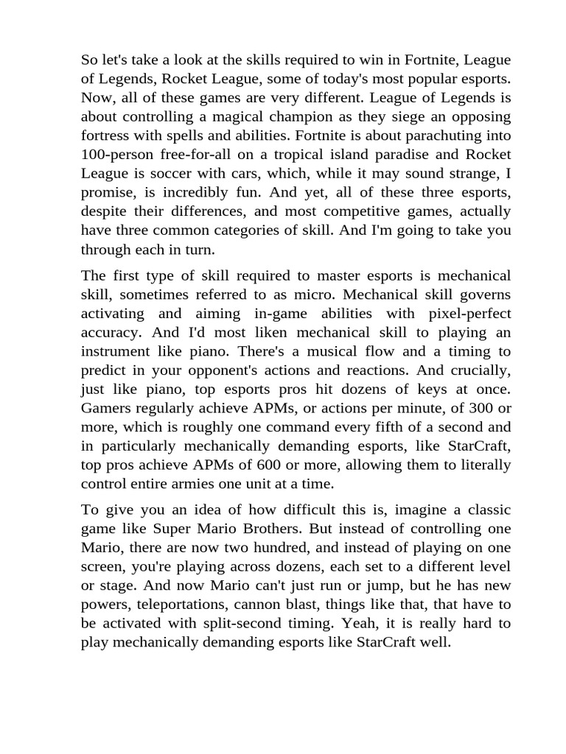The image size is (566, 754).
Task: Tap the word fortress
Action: point(105,136)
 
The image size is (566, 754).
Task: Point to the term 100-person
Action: point(118,155)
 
